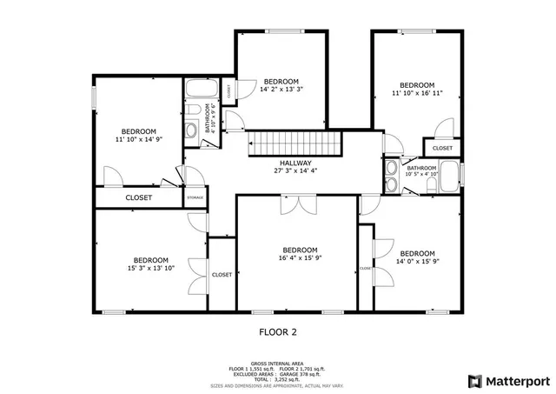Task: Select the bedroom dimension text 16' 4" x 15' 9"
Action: click(299, 257)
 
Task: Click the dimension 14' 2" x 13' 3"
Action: click(281, 89)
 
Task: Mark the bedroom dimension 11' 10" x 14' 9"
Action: click(138, 138)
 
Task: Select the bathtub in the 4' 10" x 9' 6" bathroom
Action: click(202, 90)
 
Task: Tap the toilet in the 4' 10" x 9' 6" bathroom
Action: click(191, 131)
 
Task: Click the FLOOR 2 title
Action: click(278, 331)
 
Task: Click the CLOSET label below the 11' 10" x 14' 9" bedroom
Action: click(138, 198)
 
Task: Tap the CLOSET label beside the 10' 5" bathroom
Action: click(442, 149)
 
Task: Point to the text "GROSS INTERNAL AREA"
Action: click(277, 364)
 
